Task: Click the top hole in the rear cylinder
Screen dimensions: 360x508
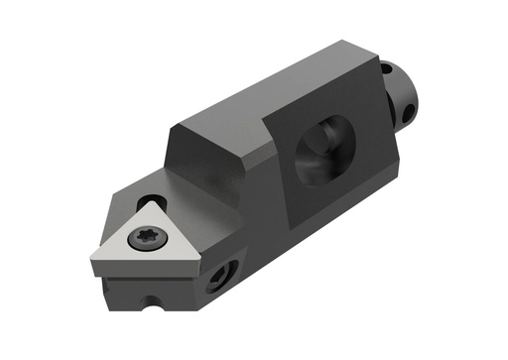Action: [x=387, y=68]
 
